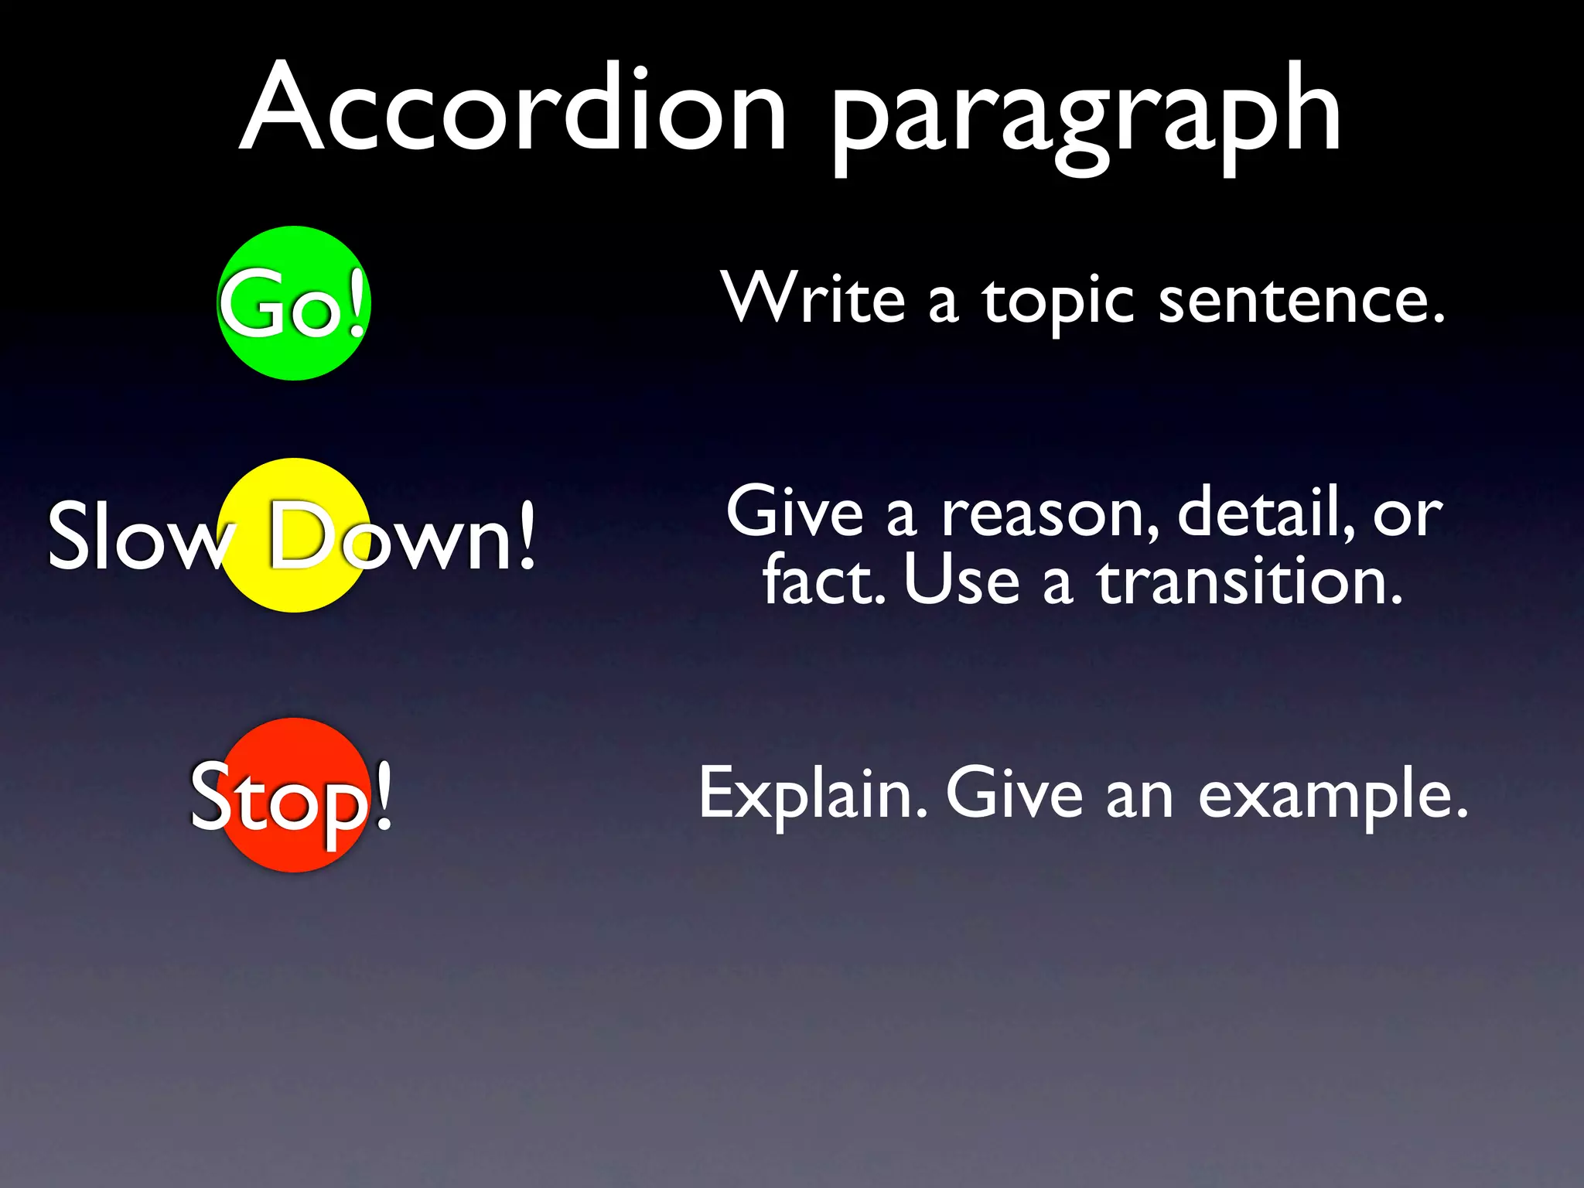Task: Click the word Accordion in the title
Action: coord(514,108)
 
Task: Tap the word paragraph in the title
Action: coord(1086,116)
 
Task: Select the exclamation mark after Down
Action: coord(526,535)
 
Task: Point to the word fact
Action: coord(823,580)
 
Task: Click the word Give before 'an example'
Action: coord(1014,793)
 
